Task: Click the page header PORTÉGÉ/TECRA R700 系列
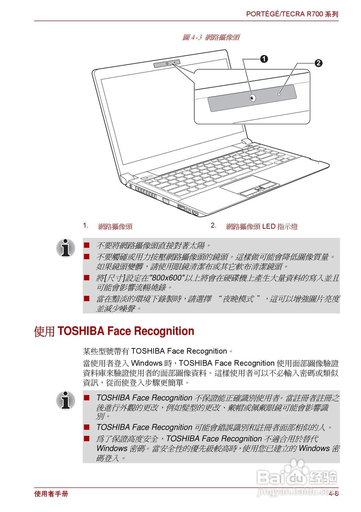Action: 292,14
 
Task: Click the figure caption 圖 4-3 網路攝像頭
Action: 211,38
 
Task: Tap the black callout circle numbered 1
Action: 263,59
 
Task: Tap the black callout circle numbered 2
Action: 318,63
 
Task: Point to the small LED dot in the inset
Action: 279,95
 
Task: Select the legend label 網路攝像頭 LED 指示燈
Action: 262,227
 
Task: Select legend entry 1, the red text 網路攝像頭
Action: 115,227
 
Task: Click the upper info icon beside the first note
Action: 66,248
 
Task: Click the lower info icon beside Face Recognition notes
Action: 66,400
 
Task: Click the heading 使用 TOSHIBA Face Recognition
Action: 114,332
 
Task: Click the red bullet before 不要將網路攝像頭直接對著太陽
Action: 86,245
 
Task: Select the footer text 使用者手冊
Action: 51,494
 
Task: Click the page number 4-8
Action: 334,494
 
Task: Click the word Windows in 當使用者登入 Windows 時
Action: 147,364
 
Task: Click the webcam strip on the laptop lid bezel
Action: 167,63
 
